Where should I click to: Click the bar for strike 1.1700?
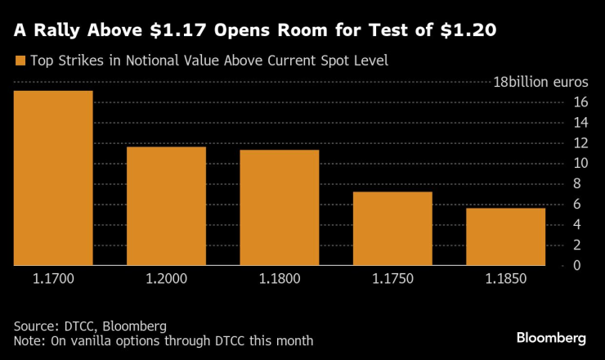click(53, 178)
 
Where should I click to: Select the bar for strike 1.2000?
click(166, 205)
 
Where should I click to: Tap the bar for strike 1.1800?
click(280, 207)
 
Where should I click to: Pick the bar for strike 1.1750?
click(392, 228)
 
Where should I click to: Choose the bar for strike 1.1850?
click(505, 236)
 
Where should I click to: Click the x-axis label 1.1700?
click(53, 279)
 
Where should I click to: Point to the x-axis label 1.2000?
click(166, 279)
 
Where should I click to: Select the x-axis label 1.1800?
click(280, 279)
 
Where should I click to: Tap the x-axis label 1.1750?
click(392, 279)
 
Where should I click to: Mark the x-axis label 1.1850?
click(505, 279)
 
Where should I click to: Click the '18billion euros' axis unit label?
click(540, 83)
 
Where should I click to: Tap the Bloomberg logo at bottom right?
click(552, 338)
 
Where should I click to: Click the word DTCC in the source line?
click(82, 326)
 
